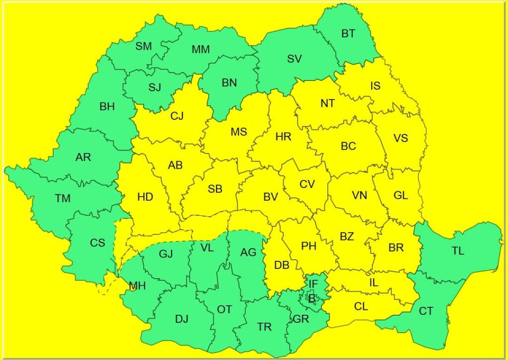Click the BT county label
point(348,34)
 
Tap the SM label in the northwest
point(144,47)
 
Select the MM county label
point(200,50)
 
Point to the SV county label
point(294,59)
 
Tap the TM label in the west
point(63,199)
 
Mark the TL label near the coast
point(458,251)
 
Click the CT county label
point(426,311)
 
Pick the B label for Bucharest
point(312,299)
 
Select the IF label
point(313,284)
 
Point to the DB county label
point(282,265)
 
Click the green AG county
point(248,268)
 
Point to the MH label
point(137,287)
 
